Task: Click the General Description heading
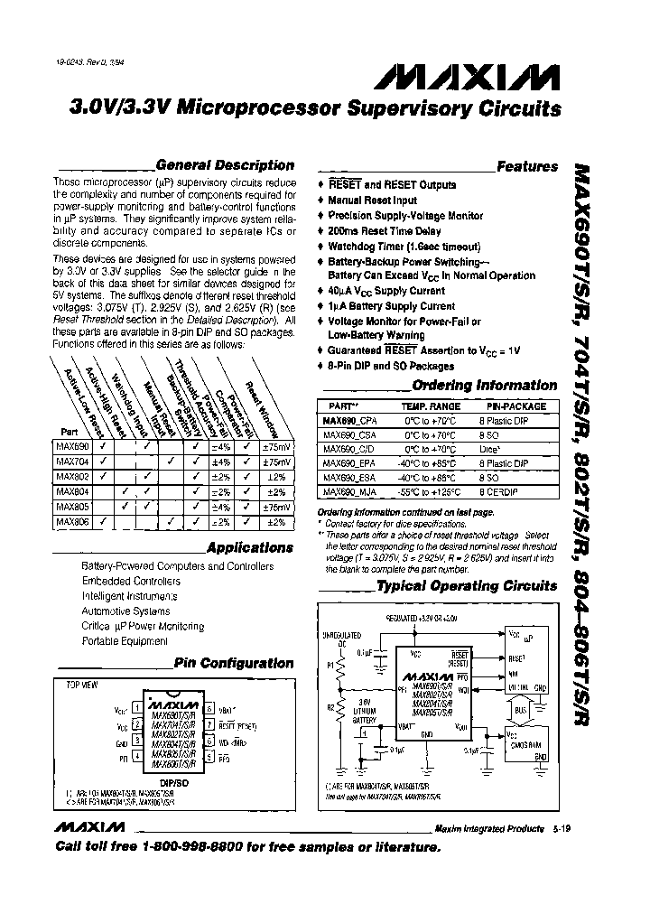tap(225, 165)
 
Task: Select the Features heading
tap(527, 166)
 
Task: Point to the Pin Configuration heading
tap(234, 663)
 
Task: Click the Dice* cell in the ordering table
tap(487, 449)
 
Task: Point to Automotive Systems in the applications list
tap(125, 611)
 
